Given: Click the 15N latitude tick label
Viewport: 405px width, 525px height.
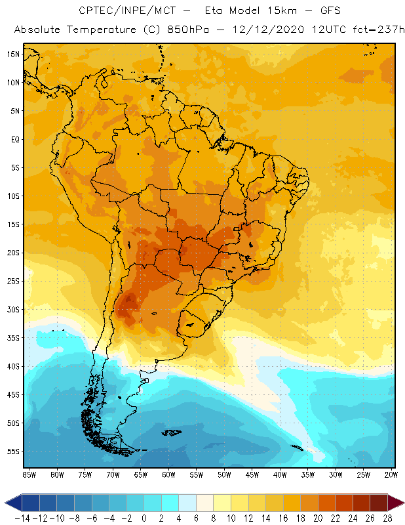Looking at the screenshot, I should click(12, 54).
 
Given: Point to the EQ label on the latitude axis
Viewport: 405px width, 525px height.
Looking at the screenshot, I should click(13, 139).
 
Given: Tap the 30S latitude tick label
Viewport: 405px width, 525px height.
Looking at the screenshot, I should click(12, 309).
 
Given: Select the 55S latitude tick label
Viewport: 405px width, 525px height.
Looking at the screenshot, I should click(12, 451).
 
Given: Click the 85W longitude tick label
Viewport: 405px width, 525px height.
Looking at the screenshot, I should click(29, 474).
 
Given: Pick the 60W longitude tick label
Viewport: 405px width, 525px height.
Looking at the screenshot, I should click(168, 474).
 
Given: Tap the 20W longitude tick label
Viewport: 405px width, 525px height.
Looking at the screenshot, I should click(391, 474).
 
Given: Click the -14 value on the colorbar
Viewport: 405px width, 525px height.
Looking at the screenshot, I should click(22, 518).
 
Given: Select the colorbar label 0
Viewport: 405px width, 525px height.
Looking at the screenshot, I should click(144, 518).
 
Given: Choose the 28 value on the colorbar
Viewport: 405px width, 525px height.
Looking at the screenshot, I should click(387, 518).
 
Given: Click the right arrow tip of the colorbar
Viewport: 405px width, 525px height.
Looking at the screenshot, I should click(401, 503).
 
